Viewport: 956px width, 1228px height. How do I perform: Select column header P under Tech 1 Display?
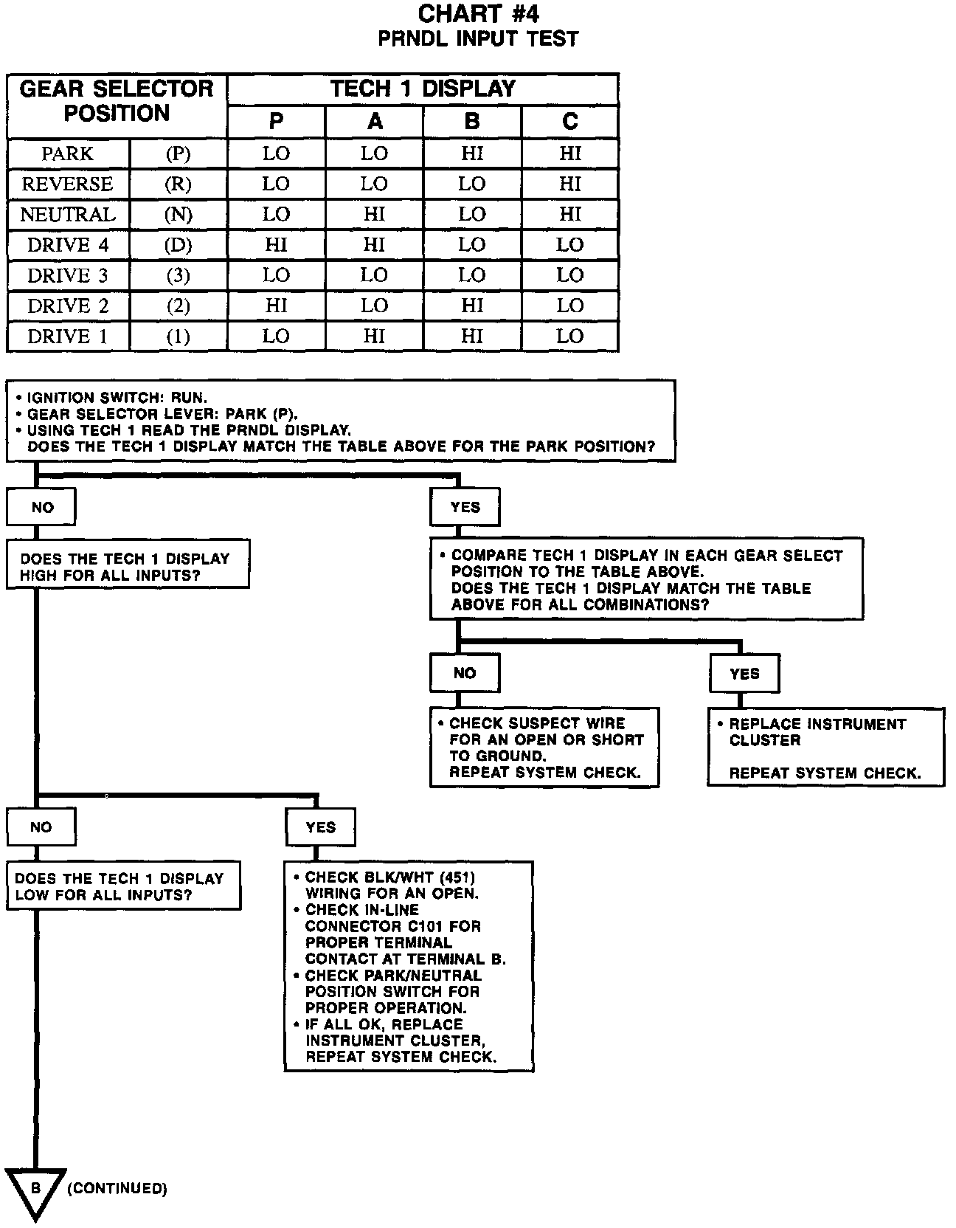pos(276,122)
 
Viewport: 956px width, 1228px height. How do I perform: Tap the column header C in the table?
pos(569,122)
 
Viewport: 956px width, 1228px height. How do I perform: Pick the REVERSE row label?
pos(67,184)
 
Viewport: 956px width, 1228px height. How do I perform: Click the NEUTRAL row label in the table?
pos(67,215)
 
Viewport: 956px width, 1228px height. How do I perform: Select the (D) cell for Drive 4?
pos(178,245)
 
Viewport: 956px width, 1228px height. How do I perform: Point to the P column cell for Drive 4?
pos(276,245)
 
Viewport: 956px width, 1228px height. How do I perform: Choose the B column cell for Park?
pos(472,153)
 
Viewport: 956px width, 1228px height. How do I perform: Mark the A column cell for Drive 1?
pos(374,337)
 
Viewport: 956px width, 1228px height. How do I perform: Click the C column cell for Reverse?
pos(569,184)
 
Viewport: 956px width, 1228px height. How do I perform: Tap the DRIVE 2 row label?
pos(67,306)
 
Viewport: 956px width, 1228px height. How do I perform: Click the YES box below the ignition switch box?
pos(465,508)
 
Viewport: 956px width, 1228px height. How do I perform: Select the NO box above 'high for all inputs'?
pos(41,508)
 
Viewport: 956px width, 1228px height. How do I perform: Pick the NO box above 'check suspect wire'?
pos(464,673)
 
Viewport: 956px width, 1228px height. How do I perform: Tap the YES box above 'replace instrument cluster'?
pos(744,673)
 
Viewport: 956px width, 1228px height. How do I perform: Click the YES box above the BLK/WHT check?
pos(320,827)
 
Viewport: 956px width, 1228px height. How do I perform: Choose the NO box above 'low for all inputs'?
pos(41,827)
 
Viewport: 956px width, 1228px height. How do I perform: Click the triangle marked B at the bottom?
pos(35,1190)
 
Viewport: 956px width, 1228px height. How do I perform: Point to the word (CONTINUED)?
pos(117,1188)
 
